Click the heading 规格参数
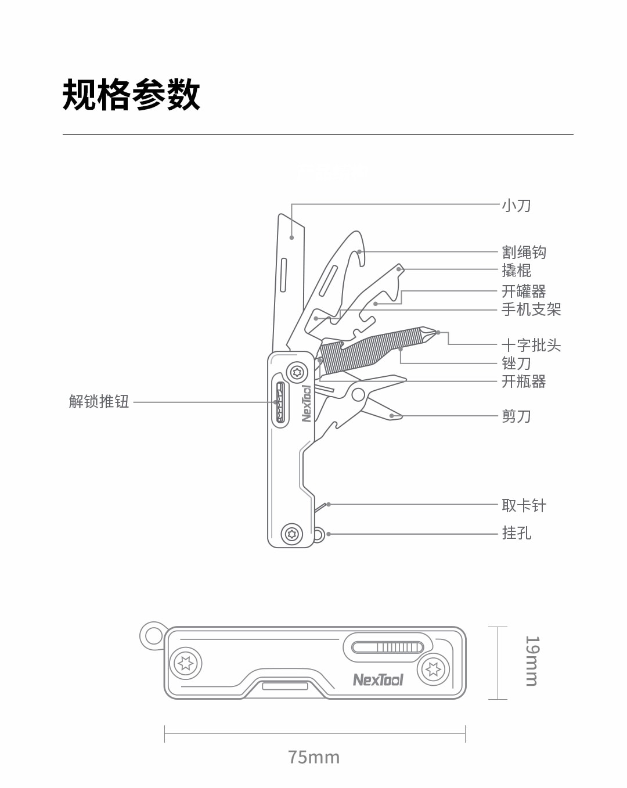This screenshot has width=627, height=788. pos(131,95)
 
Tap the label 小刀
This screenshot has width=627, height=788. pos(516,206)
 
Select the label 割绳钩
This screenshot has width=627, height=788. pos(524,252)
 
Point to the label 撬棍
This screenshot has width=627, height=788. pos(516,270)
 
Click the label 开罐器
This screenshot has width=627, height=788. pos(524,291)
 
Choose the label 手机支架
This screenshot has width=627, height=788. pos(531,309)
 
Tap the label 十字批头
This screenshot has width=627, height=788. pos(531,346)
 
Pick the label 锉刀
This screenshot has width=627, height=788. pos(516,364)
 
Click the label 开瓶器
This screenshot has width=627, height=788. pos(524,382)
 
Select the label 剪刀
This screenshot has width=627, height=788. pos(516,416)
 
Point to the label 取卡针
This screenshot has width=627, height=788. pos(524,505)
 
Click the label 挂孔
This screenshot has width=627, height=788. pos(516,532)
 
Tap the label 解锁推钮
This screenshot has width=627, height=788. pos(99,401)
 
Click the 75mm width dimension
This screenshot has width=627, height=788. pos(313,757)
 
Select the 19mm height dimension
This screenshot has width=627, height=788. pos(532,661)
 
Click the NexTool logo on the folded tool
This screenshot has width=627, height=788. pos(378,679)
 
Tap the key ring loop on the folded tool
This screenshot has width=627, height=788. pos(153,635)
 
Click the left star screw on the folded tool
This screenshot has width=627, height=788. pos(186,663)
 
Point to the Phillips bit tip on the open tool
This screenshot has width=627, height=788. pos(430,333)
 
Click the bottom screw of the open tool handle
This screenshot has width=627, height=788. pos(291,533)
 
